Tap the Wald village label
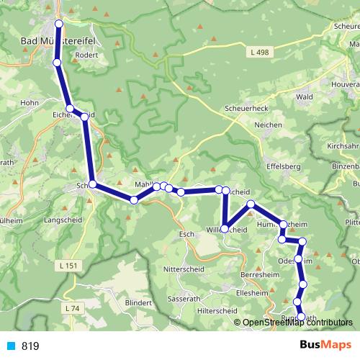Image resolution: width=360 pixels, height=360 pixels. click(304, 96)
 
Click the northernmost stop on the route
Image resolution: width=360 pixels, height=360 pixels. click(58, 24)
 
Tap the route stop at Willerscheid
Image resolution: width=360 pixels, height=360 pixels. click(225, 228)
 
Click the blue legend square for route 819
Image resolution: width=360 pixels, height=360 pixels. click(11, 346)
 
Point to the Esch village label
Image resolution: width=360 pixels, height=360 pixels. click(186, 234)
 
